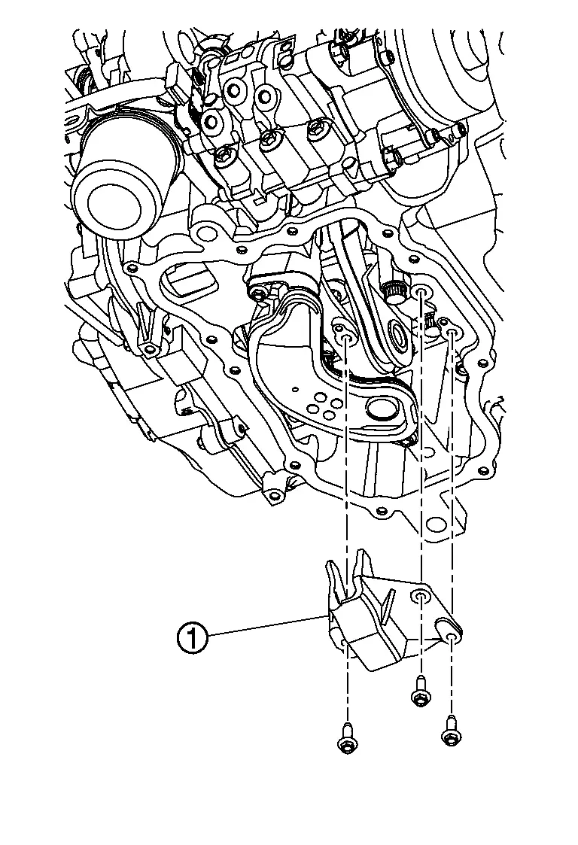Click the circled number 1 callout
pos(193,640)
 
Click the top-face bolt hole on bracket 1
pos(421,597)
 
